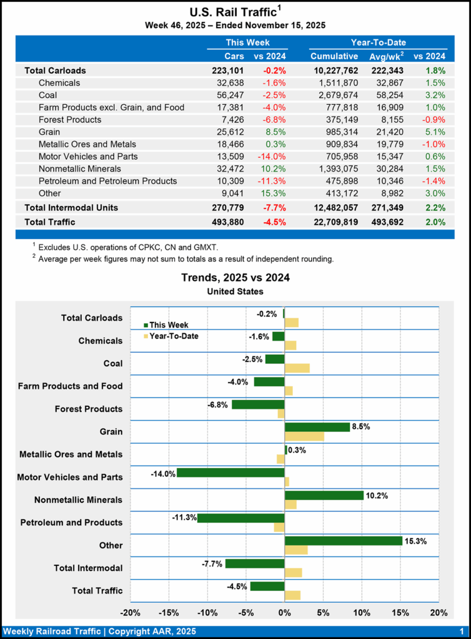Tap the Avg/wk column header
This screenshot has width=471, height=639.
coord(386,56)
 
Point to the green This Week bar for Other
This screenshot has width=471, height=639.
coord(343,541)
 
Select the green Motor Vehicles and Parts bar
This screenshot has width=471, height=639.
coord(231,472)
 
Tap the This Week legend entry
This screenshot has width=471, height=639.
coord(166,324)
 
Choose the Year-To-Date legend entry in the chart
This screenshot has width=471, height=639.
coord(169,336)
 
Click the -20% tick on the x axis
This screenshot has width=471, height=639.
coord(130,612)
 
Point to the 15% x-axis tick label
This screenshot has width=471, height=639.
coord(400,612)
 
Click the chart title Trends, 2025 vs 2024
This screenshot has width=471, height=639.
coord(235,278)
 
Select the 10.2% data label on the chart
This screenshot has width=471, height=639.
coord(377,496)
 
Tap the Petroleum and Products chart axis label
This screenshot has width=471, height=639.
coord(71,522)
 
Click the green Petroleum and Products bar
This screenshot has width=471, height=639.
coord(240,518)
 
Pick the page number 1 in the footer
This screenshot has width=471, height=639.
coord(460,631)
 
